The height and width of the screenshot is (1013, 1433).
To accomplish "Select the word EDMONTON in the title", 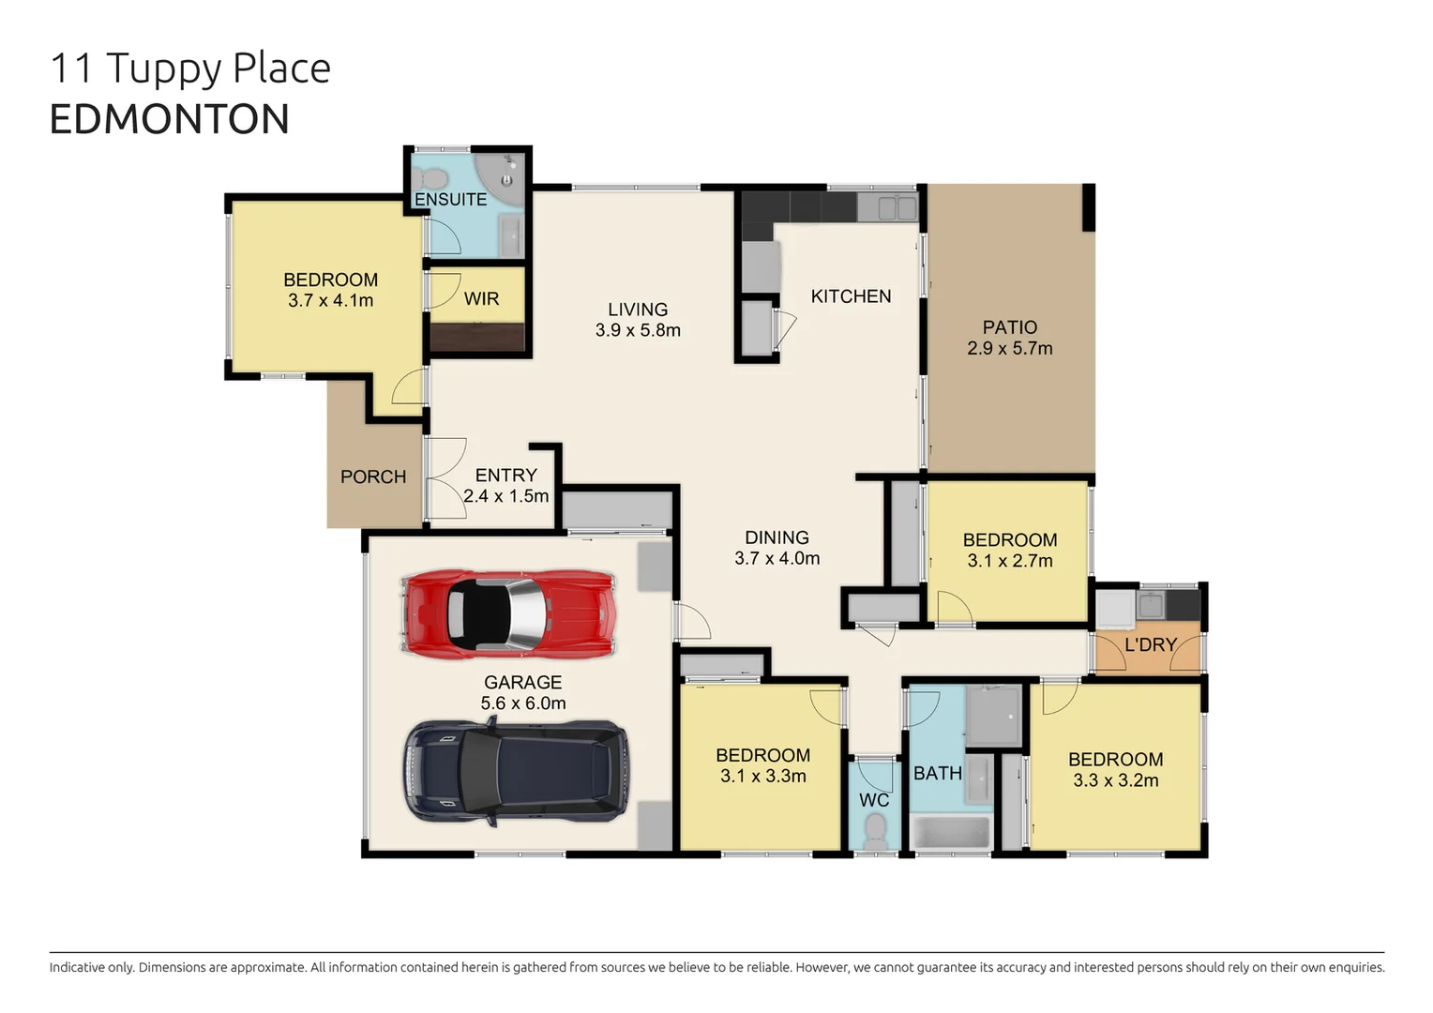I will coord(169,119).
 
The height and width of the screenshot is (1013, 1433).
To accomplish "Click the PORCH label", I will coord(373,476).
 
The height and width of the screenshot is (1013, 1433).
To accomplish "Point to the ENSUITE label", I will coord(450,200).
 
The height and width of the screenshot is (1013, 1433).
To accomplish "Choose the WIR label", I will coord(481,298).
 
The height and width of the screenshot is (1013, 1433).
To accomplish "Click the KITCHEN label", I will coord(851,296).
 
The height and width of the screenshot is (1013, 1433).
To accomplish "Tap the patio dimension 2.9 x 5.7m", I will coord(1009,348).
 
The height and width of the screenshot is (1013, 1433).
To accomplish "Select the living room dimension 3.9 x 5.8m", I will coord(638,330).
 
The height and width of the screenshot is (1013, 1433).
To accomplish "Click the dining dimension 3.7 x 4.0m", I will coord(777,558).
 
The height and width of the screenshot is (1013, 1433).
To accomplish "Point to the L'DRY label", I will coord(1150,644).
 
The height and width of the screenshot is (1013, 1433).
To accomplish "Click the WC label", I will coord(874,800).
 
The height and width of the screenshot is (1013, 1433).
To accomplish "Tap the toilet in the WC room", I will coord(875,830).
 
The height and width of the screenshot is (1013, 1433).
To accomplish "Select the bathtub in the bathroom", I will coord(951,833).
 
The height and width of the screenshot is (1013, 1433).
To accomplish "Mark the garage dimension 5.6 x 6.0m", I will coord(523,703).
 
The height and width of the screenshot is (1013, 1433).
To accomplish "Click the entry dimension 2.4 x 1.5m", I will coord(505,496).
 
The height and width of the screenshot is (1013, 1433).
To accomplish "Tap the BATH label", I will coord(938,773).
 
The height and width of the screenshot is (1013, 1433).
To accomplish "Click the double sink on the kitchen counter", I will coord(897,207).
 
